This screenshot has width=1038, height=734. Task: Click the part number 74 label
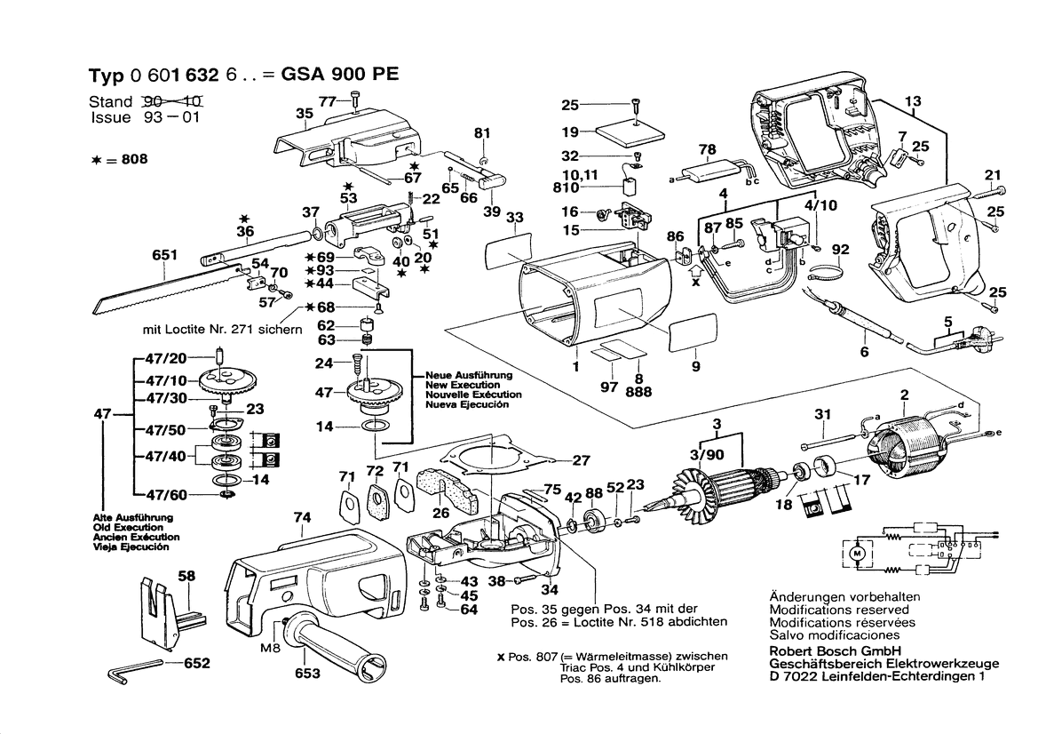(x=303, y=517)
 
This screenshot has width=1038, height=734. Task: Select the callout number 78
(x=707, y=148)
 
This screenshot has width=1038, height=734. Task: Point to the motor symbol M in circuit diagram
(x=857, y=552)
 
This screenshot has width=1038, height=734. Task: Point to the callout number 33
(x=513, y=218)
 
